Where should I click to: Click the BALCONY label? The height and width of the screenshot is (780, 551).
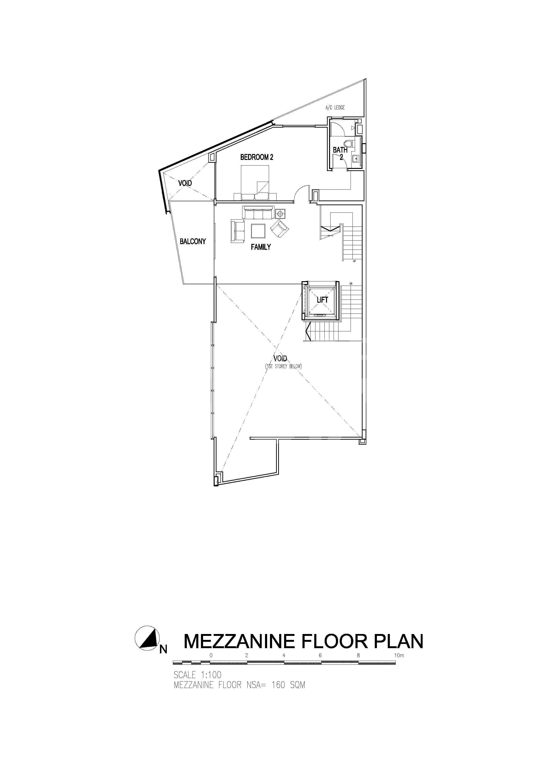(193, 241)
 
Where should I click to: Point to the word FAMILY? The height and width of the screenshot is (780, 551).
(261, 247)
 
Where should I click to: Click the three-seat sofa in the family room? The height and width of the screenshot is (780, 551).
(258, 212)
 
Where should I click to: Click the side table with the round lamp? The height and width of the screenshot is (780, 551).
(280, 214)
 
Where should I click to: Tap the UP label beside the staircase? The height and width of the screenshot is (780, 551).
(355, 261)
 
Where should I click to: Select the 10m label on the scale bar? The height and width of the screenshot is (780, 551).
(399, 655)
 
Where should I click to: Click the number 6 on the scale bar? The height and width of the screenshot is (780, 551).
(320, 655)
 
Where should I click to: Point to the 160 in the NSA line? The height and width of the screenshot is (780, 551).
(278, 685)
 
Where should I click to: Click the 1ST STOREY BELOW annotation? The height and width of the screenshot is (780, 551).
(283, 367)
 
